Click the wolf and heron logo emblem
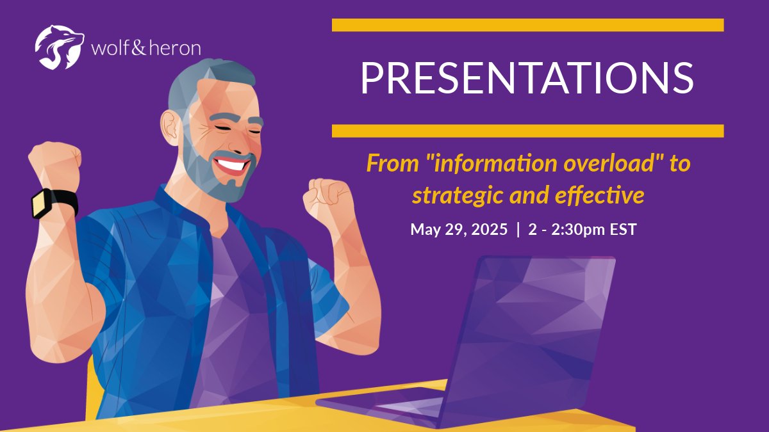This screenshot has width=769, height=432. (60, 47)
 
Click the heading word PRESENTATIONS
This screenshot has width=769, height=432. (527, 78)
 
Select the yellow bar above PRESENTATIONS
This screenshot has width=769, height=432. (527, 25)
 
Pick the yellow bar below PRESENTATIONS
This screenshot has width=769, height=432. (527, 131)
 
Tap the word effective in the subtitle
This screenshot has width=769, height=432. (600, 195)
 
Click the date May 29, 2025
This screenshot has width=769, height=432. (459, 229)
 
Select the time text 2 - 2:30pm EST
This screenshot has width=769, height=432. (583, 229)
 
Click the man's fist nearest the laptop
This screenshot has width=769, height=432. (328, 199)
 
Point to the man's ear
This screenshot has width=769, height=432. (170, 127)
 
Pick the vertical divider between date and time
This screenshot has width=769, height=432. (518, 229)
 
